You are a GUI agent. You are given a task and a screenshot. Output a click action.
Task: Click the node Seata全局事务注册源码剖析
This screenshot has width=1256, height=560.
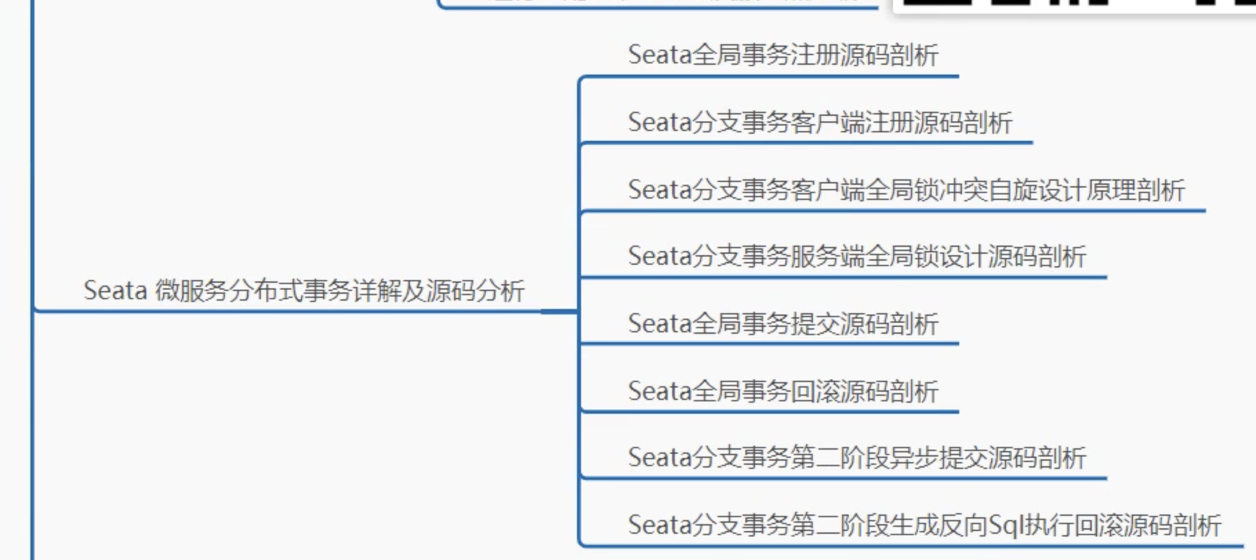pos(783,55)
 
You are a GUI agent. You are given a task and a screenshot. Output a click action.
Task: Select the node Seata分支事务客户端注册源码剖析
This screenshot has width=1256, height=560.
pos(820,123)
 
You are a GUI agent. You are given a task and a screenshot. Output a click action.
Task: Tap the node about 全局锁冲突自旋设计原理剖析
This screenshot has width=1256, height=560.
pos(906,190)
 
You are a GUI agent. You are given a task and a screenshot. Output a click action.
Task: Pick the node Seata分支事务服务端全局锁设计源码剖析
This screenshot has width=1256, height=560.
pos(856,257)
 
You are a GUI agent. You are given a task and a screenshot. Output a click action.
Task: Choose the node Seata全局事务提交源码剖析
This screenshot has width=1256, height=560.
pos(783,323)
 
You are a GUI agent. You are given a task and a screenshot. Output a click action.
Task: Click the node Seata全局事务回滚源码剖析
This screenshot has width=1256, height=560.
pos(783,391)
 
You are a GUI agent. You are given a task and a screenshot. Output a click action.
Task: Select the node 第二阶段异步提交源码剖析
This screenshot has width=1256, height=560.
pos(856,458)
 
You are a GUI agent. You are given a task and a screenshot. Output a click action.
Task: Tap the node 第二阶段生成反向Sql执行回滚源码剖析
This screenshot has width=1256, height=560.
pos(924,526)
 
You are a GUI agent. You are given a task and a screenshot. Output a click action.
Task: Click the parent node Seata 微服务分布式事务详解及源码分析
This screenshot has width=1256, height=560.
pos(304,291)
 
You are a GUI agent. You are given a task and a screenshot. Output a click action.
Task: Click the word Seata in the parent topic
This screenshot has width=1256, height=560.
pos(115,291)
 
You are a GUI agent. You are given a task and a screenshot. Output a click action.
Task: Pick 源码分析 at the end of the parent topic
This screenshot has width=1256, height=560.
pos(475,291)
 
